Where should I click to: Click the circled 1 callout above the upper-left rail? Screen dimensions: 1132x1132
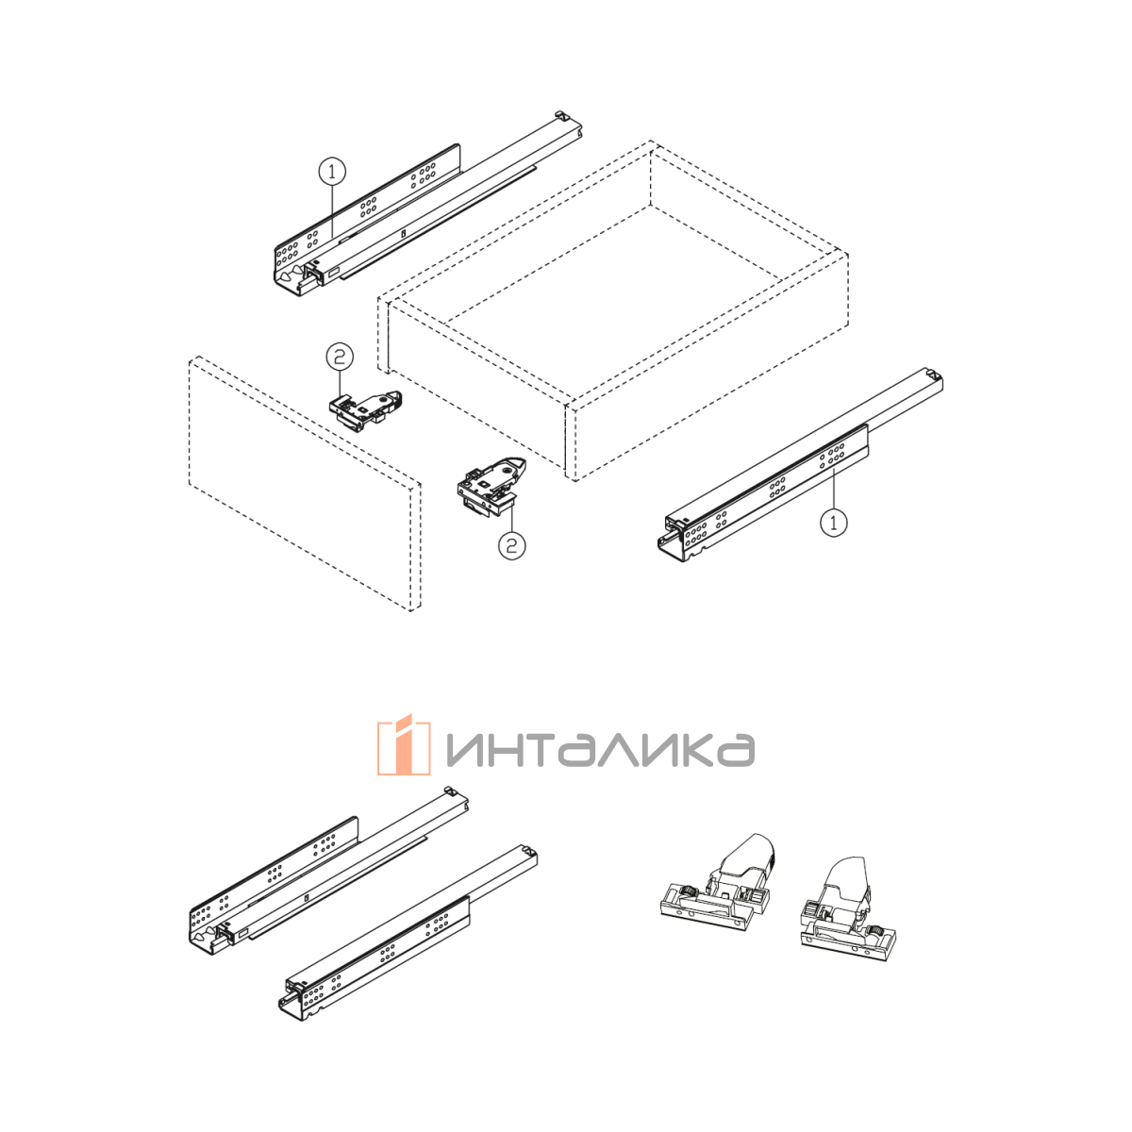[x=332, y=172]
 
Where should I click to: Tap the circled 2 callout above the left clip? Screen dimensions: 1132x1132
[x=341, y=358]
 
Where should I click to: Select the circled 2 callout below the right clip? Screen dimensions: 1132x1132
[x=511, y=546]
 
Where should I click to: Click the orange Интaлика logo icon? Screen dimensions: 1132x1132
[x=404, y=745]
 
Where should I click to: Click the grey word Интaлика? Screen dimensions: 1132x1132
[x=600, y=750]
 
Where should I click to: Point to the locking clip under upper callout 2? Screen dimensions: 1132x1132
[x=365, y=409]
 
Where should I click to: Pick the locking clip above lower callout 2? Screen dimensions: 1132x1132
[x=492, y=487]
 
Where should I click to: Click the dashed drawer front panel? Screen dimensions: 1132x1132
[x=305, y=484]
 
